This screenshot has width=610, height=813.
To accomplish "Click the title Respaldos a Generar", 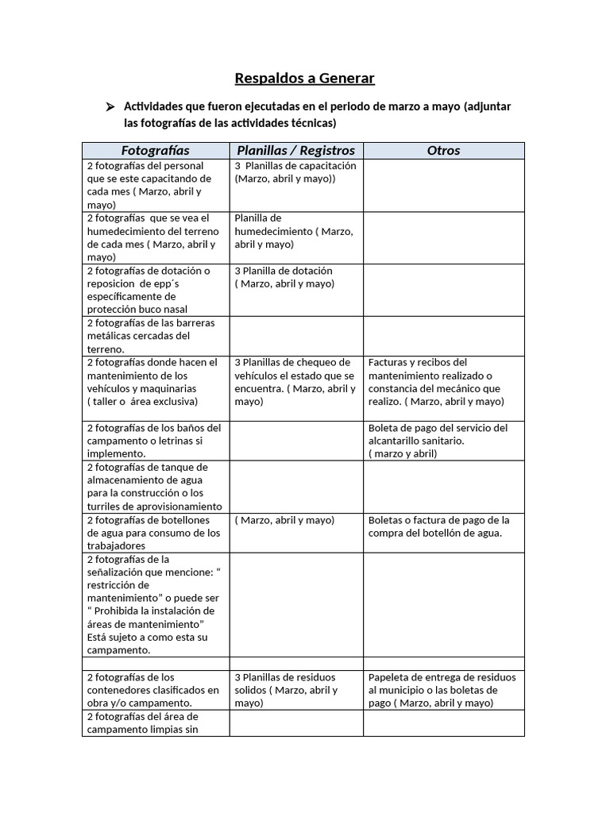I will click(304, 78).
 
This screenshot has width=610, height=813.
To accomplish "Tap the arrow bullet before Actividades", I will click(111, 106).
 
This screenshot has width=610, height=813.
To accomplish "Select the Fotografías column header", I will click(155, 150).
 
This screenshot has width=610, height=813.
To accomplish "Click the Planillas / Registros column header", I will click(295, 150).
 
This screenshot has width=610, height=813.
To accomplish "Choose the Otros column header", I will click(443, 150).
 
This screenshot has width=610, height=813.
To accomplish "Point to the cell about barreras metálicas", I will click(155, 336).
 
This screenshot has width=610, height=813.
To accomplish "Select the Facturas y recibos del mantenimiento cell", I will click(443, 382).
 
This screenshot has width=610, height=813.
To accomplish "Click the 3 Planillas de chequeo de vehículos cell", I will click(295, 382).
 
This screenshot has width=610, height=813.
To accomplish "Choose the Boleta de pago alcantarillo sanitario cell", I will click(443, 440).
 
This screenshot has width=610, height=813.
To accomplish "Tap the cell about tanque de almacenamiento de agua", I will click(155, 486).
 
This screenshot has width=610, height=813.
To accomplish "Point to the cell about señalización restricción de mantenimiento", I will click(155, 604).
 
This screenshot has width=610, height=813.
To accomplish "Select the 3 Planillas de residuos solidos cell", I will click(295, 689).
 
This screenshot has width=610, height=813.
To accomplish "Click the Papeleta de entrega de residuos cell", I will click(443, 689).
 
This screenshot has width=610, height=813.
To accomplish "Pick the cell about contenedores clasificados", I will click(155, 689).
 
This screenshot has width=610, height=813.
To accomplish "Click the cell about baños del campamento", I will click(155, 440).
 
